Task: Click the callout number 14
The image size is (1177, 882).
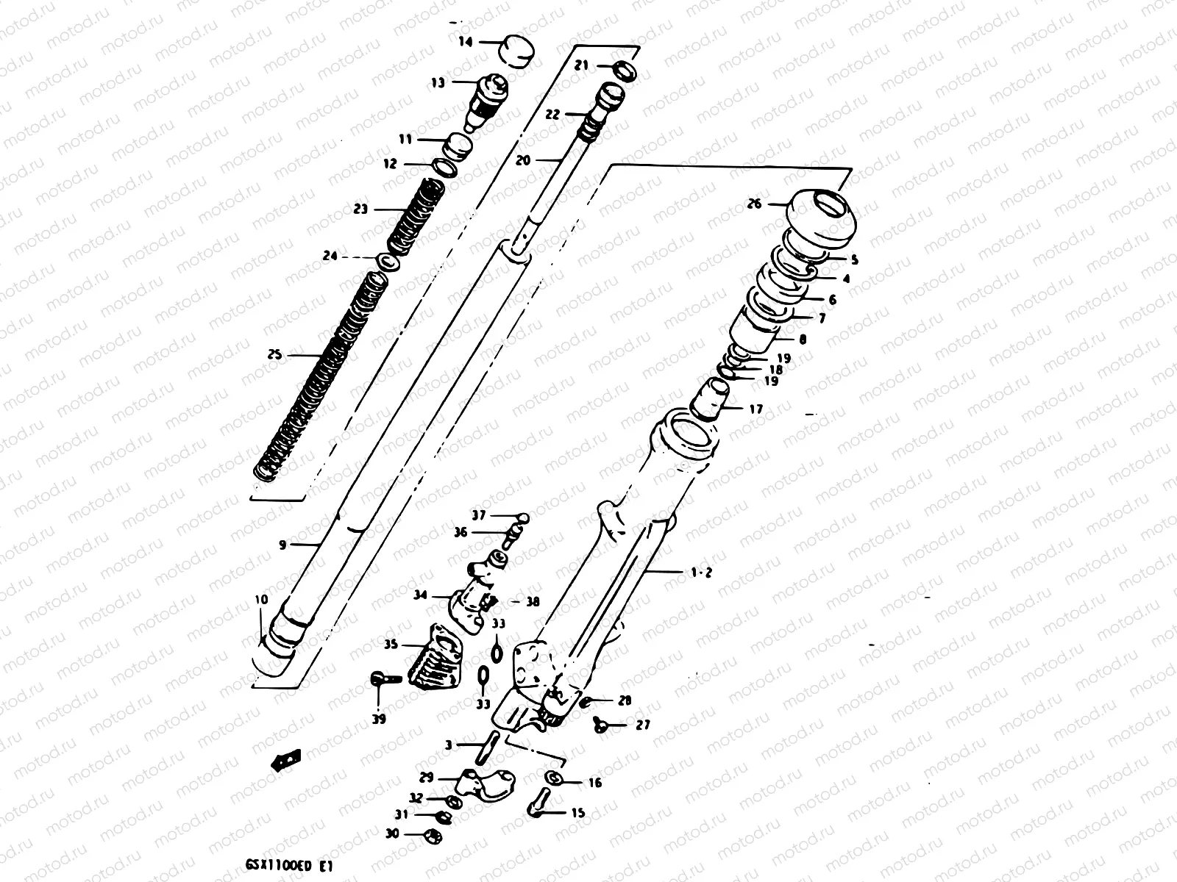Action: click(466, 42)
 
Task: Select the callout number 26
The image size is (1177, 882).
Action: click(755, 204)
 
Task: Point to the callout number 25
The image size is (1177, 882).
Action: click(275, 356)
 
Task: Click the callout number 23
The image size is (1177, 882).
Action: click(360, 209)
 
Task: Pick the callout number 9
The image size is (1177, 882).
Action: click(282, 545)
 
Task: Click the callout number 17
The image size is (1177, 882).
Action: click(755, 409)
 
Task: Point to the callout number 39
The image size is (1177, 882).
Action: click(379, 719)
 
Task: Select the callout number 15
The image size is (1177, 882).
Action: click(578, 813)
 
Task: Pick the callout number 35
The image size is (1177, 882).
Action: click(390, 645)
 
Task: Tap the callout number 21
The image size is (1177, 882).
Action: click(581, 66)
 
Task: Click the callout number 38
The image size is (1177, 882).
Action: click(533, 601)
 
